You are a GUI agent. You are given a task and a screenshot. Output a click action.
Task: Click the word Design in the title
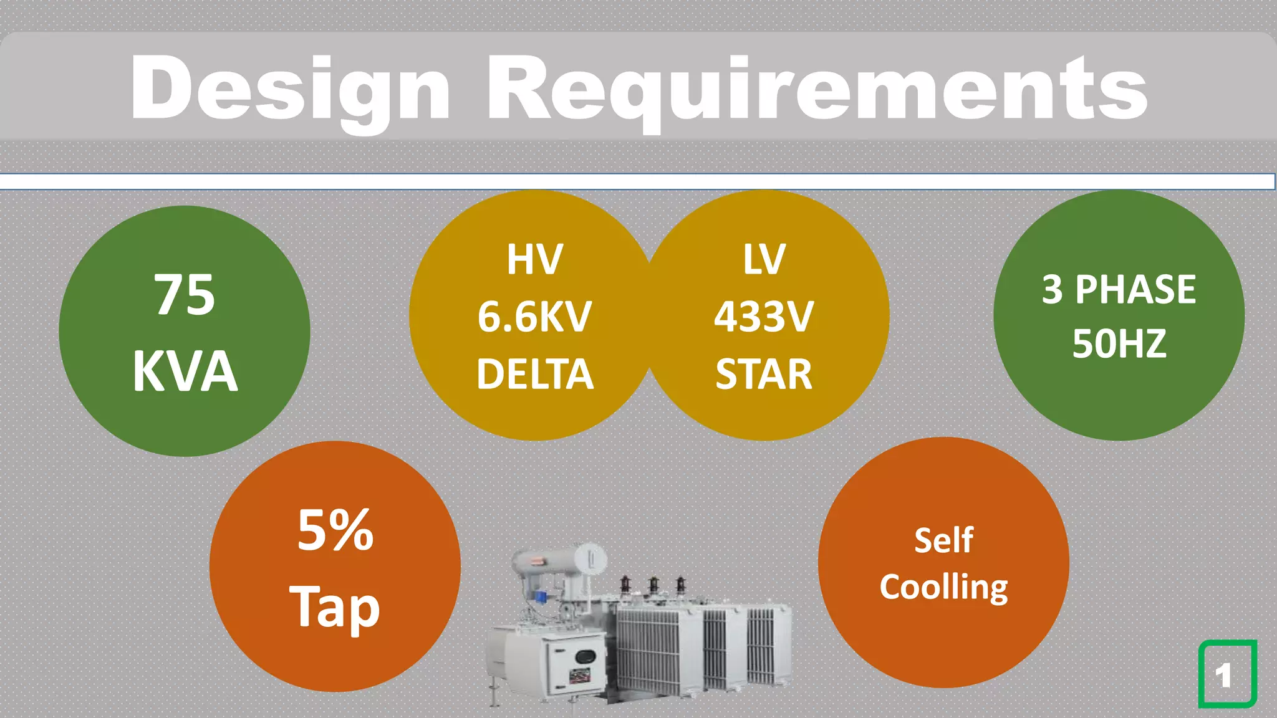(289, 89)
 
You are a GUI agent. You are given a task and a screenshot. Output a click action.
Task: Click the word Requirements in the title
(817, 89)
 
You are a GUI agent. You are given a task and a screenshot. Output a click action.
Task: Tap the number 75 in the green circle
(185, 295)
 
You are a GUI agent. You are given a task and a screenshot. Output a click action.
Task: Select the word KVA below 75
(185, 372)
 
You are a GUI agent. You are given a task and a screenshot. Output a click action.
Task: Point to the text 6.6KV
(534, 317)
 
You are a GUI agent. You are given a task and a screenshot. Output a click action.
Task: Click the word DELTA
(535, 374)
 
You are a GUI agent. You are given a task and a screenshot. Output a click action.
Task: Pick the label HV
(535, 259)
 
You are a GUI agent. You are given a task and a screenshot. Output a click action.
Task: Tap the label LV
(764, 259)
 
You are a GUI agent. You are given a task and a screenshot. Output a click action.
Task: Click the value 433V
(764, 317)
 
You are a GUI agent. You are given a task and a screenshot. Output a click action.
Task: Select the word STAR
(764, 374)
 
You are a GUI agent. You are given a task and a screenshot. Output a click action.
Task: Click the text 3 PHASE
(1119, 289)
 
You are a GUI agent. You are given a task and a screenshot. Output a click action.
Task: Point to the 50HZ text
(1119, 343)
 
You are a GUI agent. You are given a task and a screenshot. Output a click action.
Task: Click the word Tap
(335, 607)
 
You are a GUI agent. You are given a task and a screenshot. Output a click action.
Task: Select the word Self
(943, 540)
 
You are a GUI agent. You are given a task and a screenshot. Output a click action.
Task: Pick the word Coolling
(943, 588)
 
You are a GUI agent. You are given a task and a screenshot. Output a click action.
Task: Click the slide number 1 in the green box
(1225, 675)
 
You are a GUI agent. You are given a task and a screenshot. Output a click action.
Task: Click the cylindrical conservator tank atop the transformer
(558, 560)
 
